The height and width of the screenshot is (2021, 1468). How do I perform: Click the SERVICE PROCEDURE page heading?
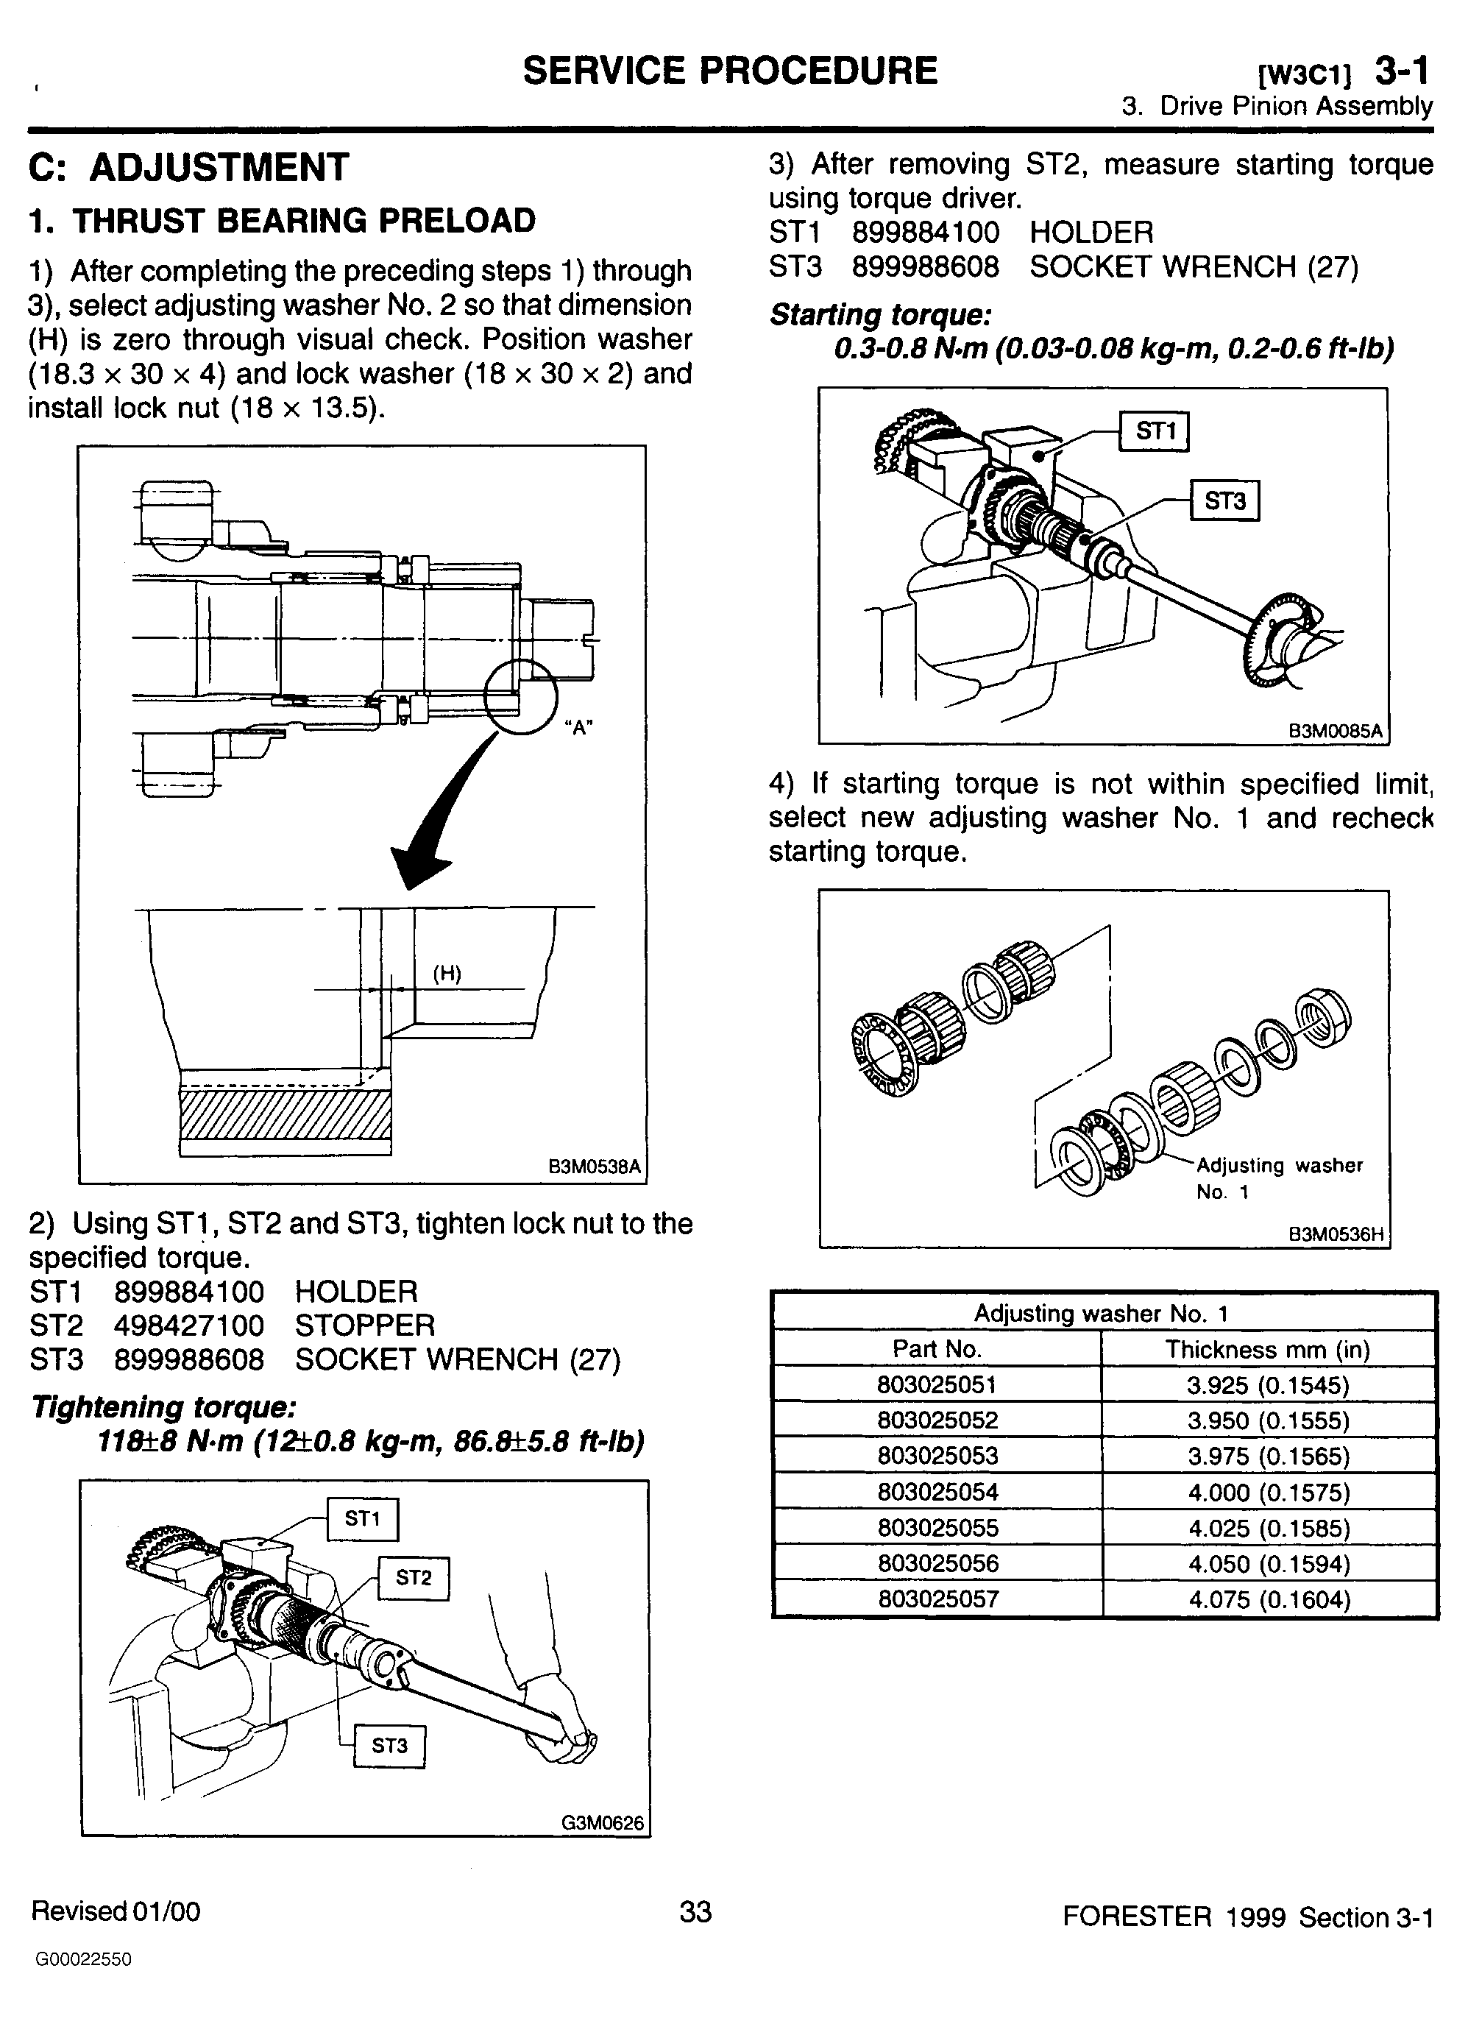729,71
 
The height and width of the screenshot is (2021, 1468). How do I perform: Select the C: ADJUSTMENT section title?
189,168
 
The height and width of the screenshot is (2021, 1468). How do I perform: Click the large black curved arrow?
445,807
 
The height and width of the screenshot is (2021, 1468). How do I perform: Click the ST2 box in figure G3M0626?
414,1578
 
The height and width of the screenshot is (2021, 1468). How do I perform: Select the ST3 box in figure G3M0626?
389,1746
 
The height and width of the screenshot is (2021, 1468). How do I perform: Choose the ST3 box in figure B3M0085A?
1225,500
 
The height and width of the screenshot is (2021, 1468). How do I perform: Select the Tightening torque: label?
163,1407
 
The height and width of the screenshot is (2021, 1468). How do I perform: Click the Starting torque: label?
880,314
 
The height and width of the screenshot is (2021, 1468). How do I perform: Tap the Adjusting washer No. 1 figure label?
1279,1178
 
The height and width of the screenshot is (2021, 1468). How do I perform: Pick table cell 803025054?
937,1492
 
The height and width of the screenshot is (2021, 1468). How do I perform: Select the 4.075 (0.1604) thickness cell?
1269,1599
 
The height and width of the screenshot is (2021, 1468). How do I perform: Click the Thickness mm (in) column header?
1268,1349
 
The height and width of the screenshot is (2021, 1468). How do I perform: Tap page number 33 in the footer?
695,1911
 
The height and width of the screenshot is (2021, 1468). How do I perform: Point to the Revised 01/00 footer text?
116,1911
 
